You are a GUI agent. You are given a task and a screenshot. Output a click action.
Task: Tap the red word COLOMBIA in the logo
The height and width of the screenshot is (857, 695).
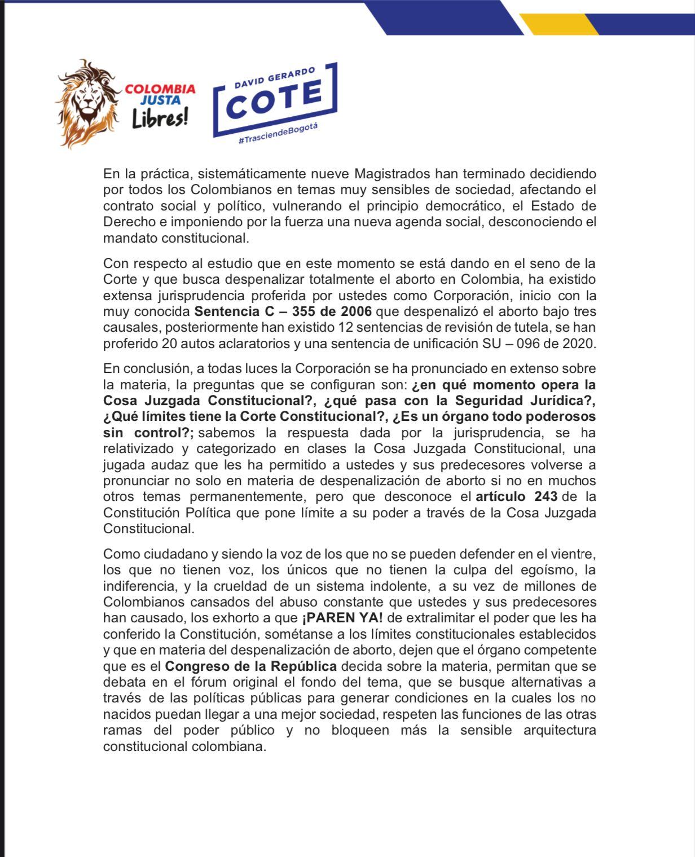click(160, 89)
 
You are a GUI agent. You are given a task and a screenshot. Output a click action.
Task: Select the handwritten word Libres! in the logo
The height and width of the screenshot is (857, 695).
click(160, 118)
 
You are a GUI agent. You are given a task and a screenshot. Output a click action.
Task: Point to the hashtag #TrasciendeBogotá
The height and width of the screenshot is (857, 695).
click(278, 134)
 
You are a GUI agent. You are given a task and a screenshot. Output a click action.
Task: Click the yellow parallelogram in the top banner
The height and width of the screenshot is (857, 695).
click(558, 24)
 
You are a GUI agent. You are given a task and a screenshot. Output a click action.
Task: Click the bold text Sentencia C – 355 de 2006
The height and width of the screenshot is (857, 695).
click(283, 311)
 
